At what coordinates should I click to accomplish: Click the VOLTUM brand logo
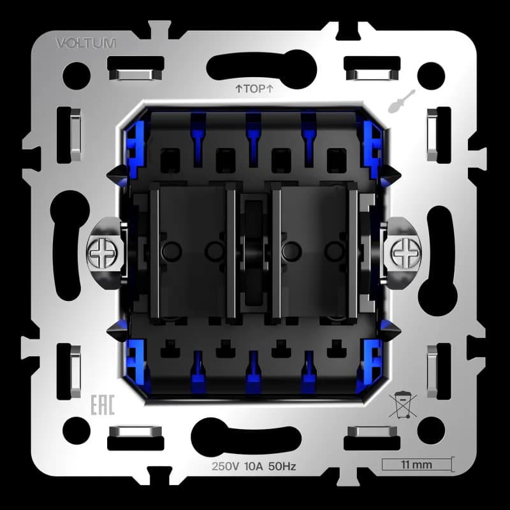86,43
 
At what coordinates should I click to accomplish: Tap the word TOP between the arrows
254,89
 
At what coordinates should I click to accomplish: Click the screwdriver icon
402,101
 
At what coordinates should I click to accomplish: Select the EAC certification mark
103,405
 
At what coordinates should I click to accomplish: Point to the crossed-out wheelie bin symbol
403,405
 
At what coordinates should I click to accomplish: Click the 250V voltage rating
226,467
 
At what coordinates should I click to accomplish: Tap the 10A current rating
253,467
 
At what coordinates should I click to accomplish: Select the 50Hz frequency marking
282,467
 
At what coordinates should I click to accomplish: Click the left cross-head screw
102,252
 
